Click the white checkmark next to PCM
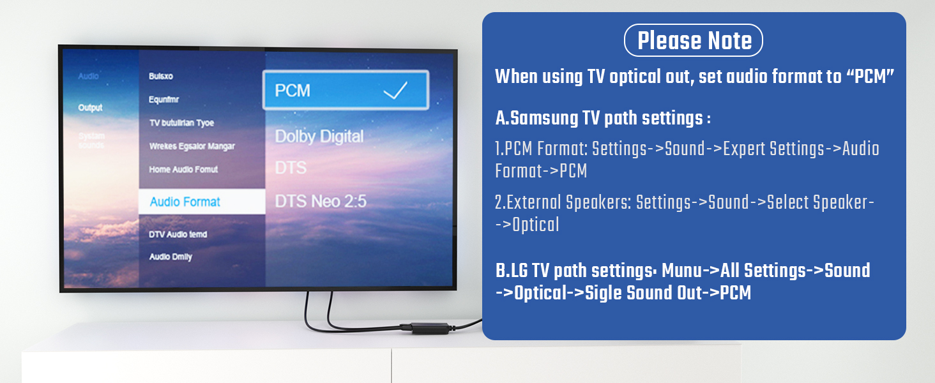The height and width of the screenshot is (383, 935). pyautogui.click(x=395, y=91)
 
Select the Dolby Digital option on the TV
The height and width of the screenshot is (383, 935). pyautogui.click(x=319, y=136)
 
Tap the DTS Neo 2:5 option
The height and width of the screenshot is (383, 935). pyautogui.click(x=321, y=202)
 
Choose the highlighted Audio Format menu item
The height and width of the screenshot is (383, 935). pyautogui.click(x=185, y=202)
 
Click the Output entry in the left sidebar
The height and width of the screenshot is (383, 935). pyautogui.click(x=90, y=108)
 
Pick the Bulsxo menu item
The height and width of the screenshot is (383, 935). pyautogui.click(x=161, y=76)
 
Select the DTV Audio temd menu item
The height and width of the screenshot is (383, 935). pyautogui.click(x=178, y=234)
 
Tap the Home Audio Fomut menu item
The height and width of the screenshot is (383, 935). pyautogui.click(x=183, y=170)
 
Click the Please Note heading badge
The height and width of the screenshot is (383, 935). pyautogui.click(x=694, y=41)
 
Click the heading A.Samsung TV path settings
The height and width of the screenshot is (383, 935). pyautogui.click(x=603, y=119)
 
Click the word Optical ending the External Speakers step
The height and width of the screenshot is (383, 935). pyautogui.click(x=536, y=225)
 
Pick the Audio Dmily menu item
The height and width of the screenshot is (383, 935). pyautogui.click(x=171, y=257)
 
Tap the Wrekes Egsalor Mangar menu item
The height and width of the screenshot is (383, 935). pyautogui.click(x=192, y=146)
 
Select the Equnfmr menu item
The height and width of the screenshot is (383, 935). pyautogui.click(x=165, y=100)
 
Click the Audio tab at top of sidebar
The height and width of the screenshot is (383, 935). pyautogui.click(x=88, y=76)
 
